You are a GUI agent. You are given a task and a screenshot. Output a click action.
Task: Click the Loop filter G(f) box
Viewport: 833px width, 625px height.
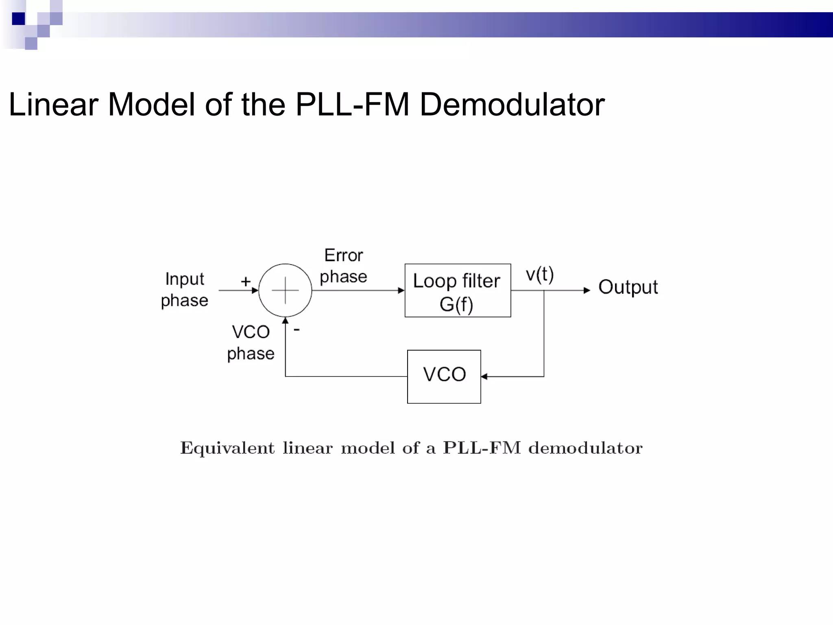pyautogui.click(x=458, y=291)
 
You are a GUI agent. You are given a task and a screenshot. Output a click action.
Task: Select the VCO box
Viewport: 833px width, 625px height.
pyautogui.click(x=444, y=376)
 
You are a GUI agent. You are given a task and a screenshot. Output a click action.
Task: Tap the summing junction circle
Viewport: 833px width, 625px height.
pyautogui.click(x=285, y=290)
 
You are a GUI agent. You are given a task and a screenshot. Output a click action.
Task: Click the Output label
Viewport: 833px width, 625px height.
pyautogui.click(x=628, y=287)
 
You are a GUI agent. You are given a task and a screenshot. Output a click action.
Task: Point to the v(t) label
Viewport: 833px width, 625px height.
pyautogui.click(x=539, y=274)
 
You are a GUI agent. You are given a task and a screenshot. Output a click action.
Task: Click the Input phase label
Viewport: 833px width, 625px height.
pyautogui.click(x=185, y=290)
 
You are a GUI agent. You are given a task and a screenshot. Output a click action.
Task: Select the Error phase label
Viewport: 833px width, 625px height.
pyautogui.click(x=344, y=266)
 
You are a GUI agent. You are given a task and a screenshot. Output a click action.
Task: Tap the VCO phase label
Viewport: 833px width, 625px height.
pyautogui.click(x=251, y=343)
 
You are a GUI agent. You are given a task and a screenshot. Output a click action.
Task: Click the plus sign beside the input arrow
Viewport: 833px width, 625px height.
pyautogui.click(x=245, y=281)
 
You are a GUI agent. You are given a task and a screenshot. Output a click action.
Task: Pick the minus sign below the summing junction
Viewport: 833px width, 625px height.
pyautogui.click(x=297, y=330)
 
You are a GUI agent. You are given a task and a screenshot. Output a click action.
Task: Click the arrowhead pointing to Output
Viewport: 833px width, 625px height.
pyautogui.click(x=587, y=291)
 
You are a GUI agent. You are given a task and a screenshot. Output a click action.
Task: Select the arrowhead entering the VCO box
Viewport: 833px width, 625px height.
pyautogui.click(x=484, y=377)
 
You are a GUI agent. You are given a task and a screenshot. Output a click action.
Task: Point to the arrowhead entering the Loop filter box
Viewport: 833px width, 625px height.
pyautogui.click(x=401, y=291)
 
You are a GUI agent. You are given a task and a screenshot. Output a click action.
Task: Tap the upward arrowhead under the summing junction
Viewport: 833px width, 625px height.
pyautogui.click(x=286, y=321)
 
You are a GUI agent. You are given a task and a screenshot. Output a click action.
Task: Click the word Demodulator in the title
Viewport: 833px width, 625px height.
pyautogui.click(x=512, y=105)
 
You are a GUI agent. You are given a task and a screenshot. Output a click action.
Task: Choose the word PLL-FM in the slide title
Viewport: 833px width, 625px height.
pyautogui.click(x=352, y=105)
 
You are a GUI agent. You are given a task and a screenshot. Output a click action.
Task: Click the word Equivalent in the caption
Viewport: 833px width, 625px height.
pyautogui.click(x=227, y=448)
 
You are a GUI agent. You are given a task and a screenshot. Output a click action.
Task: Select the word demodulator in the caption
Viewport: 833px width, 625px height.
pyautogui.click(x=585, y=448)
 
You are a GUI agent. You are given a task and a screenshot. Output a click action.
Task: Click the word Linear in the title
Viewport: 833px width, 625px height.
pyautogui.click(x=53, y=105)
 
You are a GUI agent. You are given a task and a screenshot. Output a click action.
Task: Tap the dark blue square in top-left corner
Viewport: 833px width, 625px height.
pyautogui.click(x=18, y=19)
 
